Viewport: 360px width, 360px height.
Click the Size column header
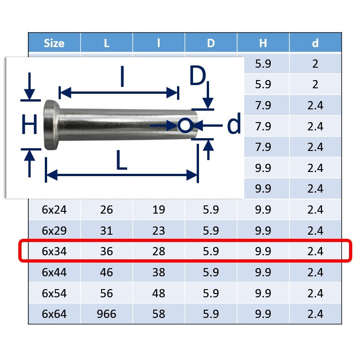click(54, 43)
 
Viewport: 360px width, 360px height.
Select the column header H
click(263, 43)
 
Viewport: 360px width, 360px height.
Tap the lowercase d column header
click(315, 43)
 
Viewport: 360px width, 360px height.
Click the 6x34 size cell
click(54, 251)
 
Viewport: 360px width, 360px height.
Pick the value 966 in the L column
click(106, 314)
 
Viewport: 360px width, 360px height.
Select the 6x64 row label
click(54, 314)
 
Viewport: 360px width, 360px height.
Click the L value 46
click(106, 272)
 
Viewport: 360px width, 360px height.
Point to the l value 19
click(159, 210)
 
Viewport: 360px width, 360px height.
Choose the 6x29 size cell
click(54, 230)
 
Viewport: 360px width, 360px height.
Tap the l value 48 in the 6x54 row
click(159, 293)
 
